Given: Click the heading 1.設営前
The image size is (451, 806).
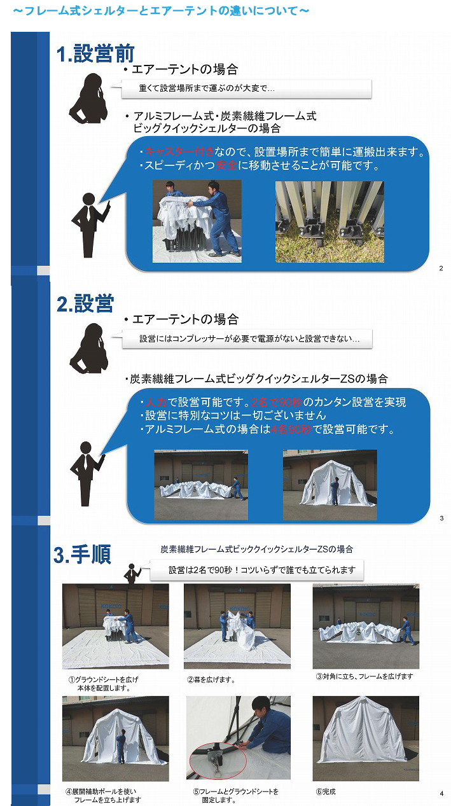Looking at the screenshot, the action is click(95, 53).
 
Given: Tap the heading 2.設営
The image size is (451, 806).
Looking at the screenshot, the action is click(85, 303).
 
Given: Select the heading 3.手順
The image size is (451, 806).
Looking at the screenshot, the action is click(83, 554).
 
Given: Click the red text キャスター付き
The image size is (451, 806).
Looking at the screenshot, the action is click(179, 152).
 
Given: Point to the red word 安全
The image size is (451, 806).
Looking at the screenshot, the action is click(226, 165).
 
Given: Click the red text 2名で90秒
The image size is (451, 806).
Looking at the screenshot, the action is click(277, 402).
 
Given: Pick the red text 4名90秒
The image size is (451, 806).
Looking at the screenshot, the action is click(291, 429).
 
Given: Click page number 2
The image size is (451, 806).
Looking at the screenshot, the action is click(441, 268).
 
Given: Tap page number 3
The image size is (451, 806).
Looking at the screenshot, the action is click(441, 518).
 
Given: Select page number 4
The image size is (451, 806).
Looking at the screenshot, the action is click(441, 793).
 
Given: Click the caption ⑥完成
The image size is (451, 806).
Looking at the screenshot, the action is click(326, 791).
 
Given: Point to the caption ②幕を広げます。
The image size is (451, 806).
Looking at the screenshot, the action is click(211, 679).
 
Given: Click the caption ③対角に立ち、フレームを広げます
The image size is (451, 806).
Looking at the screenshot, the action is click(364, 676).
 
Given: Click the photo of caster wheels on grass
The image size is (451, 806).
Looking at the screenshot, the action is click(330, 221).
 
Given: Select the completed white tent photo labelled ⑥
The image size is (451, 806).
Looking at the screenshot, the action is click(366, 739).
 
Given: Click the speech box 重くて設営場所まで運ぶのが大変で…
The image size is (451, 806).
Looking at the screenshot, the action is click(246, 88).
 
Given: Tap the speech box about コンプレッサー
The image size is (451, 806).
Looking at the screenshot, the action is click(247, 338).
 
